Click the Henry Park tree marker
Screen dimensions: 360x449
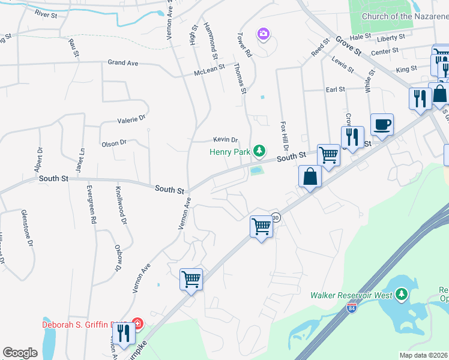[x=259, y=151]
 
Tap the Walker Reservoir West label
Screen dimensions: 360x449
[x=351, y=295]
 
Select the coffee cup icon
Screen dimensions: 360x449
[x=382, y=125]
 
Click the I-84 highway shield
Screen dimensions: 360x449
[x=352, y=309]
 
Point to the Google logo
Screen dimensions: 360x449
[x=20, y=353]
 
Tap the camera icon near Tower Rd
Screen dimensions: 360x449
[x=263, y=34]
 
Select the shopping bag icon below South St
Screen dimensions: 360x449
[x=310, y=177]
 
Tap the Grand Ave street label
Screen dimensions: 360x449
[x=123, y=62]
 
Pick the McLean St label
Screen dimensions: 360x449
[x=209, y=71]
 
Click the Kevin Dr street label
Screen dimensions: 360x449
[x=227, y=139]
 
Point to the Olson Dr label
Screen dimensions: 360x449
[x=114, y=143]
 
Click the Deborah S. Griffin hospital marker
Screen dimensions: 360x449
[x=137, y=325]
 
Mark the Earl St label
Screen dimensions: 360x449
[x=335, y=89]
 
